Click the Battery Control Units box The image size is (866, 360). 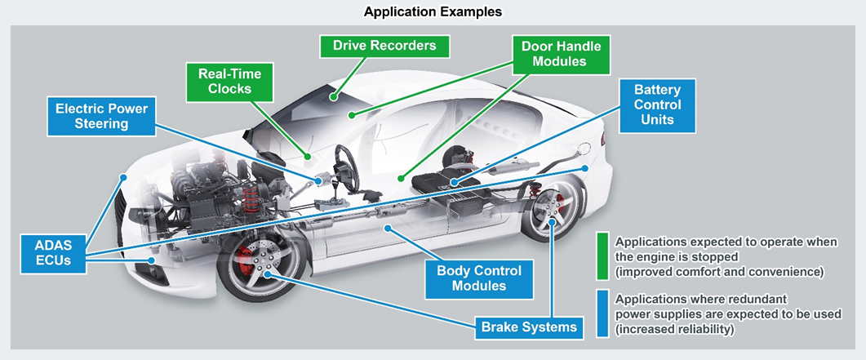(x=657, y=105)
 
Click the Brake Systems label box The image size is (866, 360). (x=530, y=327)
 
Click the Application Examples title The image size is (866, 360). (x=433, y=11)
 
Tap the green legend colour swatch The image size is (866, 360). (x=602, y=256)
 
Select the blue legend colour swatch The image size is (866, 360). (x=602, y=314)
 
